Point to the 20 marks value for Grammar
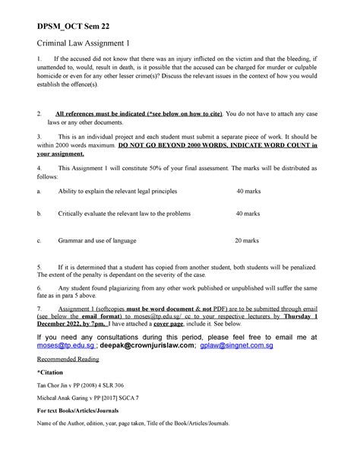(x=248, y=240)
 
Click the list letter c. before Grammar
(x=29, y=240)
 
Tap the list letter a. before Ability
(x=29, y=192)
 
